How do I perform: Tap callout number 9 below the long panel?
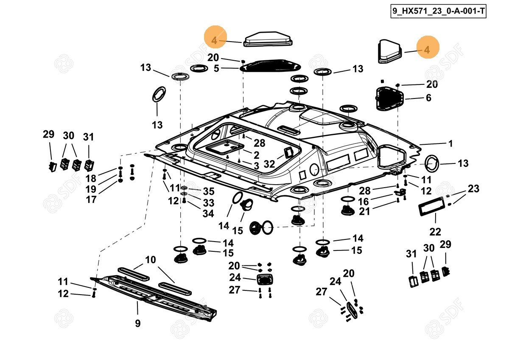pos(138,323)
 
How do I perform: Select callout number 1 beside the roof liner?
pos(450,143)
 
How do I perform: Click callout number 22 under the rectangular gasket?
pos(435,232)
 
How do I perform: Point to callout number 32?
pos(269,164)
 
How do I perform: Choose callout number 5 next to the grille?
pos(216,68)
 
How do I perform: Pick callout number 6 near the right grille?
pos(428,98)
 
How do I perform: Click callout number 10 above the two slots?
pos(150,260)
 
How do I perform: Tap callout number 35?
pos(208,191)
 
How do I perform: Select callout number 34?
pos(208,214)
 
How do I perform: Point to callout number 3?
pos(256,166)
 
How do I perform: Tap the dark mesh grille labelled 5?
pos(270,65)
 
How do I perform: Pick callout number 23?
pos(473,188)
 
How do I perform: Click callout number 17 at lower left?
pos(91,199)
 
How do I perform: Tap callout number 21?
pos(365,211)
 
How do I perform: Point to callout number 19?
pos(91,189)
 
